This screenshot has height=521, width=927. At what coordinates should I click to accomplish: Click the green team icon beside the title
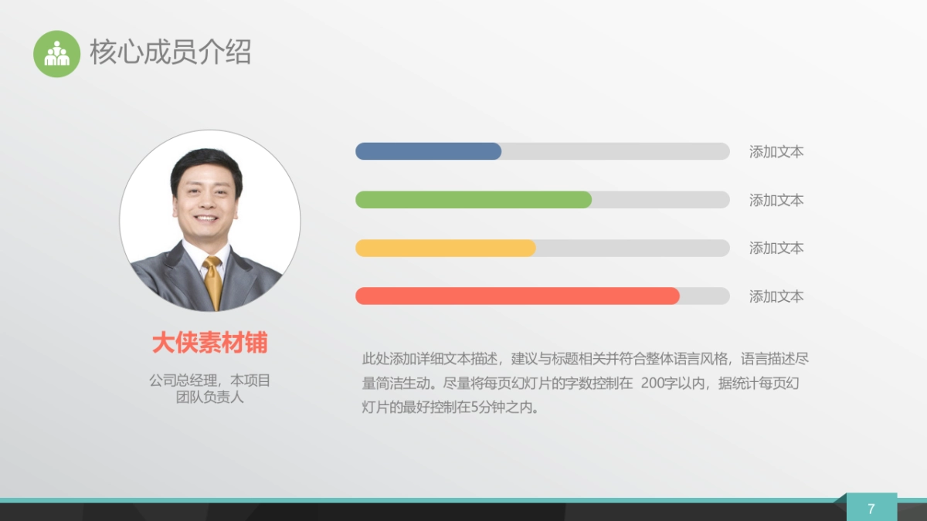(x=56, y=53)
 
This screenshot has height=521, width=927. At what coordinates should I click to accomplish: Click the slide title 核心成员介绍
(x=170, y=52)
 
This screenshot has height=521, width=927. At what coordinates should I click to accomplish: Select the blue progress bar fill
(x=428, y=151)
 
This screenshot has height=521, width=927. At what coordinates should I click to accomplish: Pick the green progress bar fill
(x=473, y=200)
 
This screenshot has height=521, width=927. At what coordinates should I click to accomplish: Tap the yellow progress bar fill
(x=445, y=248)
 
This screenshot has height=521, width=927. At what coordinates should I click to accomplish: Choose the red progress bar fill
(x=517, y=296)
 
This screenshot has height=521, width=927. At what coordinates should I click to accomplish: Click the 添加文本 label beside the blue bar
(x=776, y=152)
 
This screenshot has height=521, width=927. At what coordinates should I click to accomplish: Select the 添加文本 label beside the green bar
(x=776, y=200)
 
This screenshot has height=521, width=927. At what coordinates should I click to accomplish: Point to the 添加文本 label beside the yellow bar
(x=776, y=248)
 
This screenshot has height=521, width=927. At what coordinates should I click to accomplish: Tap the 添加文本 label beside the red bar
(x=776, y=296)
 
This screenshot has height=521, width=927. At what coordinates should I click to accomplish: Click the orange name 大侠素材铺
(x=209, y=343)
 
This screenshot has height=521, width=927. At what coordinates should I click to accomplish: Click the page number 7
(x=871, y=509)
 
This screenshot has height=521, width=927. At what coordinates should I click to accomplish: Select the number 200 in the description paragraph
(x=653, y=383)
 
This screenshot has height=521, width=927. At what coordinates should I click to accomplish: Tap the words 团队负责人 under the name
(x=209, y=398)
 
